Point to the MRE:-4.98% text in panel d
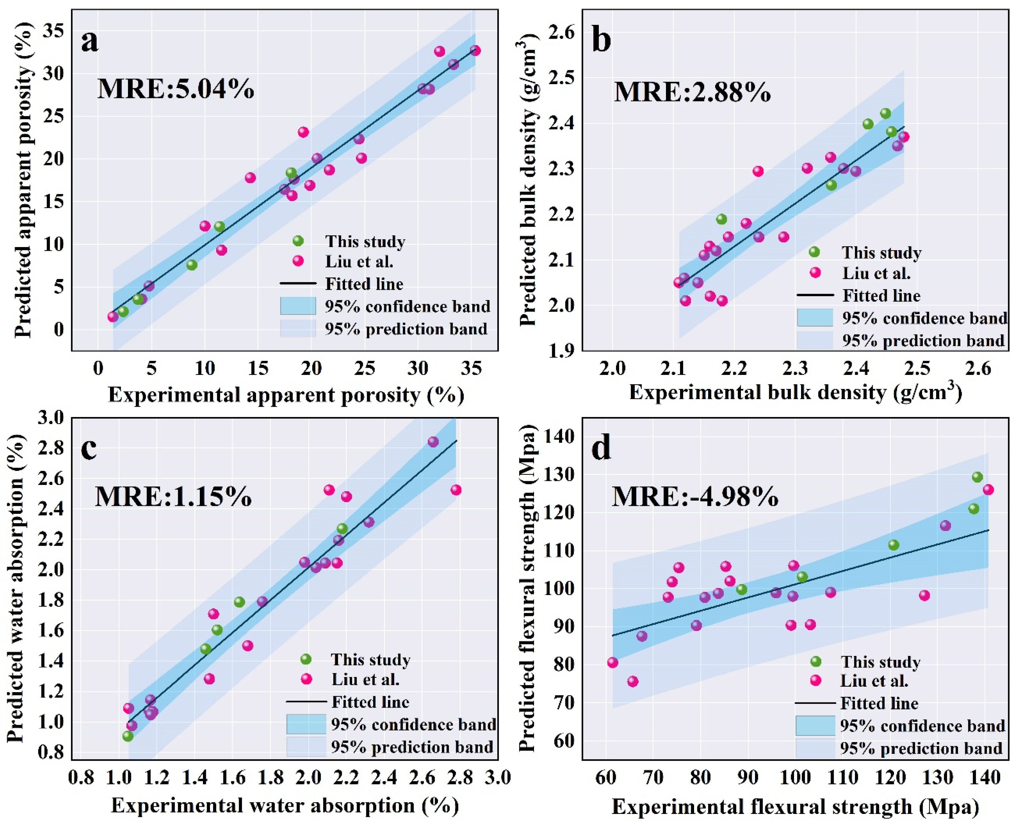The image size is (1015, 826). pyautogui.click(x=695, y=497)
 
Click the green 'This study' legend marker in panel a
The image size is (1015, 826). pyautogui.click(x=298, y=241)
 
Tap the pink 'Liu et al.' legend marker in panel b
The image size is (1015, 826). pyautogui.click(x=815, y=273)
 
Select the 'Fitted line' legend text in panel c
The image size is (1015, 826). pyautogui.click(x=370, y=702)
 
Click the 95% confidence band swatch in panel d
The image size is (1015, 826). pyautogui.click(x=815, y=726)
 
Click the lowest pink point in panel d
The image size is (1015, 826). pyautogui.click(x=633, y=681)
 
